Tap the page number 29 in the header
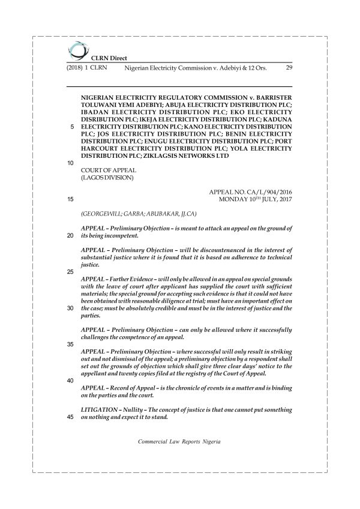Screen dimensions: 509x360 pos(288,68)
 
